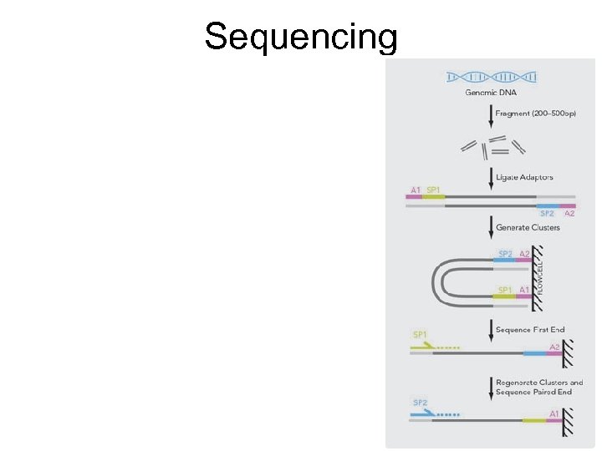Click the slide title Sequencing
coord(301,37)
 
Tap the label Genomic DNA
coord(491,93)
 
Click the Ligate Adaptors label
coord(524,177)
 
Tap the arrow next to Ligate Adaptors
coord(491,177)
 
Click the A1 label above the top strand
coord(415,190)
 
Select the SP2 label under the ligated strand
coord(548,213)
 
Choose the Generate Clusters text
coord(528,227)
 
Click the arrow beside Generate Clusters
coord(491,227)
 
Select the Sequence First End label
coord(530,330)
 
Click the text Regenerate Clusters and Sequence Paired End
coord(539,387)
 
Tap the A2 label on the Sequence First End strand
coord(554,347)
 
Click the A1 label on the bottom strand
coord(554,413)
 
